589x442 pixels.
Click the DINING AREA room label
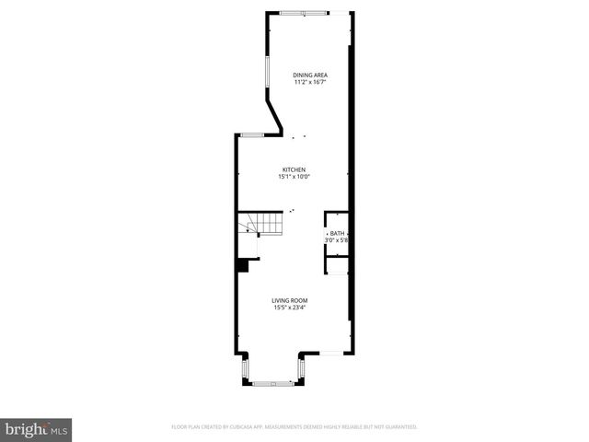click(x=310, y=75)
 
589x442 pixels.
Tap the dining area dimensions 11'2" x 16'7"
click(x=310, y=82)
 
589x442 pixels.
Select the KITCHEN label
click(x=294, y=169)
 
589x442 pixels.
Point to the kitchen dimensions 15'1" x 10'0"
click(x=294, y=177)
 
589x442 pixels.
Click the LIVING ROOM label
click(x=289, y=300)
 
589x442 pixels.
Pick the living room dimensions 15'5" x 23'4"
click(x=289, y=308)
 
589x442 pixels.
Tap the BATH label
click(x=338, y=234)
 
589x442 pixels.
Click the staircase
click(x=261, y=224)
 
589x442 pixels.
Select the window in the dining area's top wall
click(x=304, y=13)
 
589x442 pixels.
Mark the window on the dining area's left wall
click(x=268, y=71)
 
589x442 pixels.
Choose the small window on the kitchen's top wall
click(x=252, y=135)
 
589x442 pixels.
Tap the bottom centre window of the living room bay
click(x=271, y=380)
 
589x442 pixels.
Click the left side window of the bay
click(x=244, y=370)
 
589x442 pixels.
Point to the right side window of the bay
click(x=299, y=370)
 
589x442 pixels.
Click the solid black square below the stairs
click(x=242, y=265)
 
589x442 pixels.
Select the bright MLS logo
click(x=37, y=428)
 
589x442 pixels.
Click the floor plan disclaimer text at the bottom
click(x=294, y=427)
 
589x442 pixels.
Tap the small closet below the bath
click(x=336, y=262)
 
